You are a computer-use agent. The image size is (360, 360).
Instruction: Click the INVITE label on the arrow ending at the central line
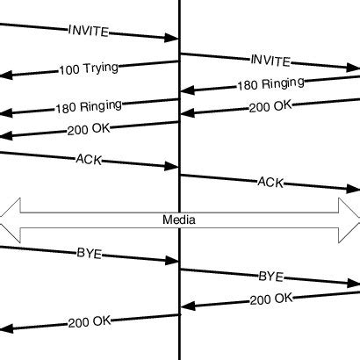coord(88,31)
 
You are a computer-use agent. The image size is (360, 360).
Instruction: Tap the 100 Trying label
coord(89,68)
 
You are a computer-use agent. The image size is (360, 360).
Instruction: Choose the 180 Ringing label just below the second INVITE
coord(270,84)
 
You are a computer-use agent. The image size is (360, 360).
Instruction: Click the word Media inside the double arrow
coord(179,220)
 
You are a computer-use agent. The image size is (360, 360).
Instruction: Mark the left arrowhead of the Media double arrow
coord(9,220)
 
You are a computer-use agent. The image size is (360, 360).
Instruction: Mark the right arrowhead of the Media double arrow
coord(350,220)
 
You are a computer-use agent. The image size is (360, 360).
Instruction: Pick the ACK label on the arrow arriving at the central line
coord(89,159)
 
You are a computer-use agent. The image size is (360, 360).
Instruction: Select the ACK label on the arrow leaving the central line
coord(270,182)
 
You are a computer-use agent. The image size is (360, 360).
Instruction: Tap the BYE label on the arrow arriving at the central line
coord(89,254)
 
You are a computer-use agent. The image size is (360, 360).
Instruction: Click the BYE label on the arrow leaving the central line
coord(270,276)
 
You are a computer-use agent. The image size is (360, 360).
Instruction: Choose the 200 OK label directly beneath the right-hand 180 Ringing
coord(270,106)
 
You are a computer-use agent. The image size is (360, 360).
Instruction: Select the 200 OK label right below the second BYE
coord(270,299)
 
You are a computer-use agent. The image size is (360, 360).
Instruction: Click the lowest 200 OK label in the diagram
coord(89,321)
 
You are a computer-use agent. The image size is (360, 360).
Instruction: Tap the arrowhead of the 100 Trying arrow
coord(5,76)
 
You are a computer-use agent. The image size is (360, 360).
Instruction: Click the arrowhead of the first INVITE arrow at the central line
coord(172,38)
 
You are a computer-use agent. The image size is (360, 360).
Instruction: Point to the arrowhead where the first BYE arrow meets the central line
coord(172,260)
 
